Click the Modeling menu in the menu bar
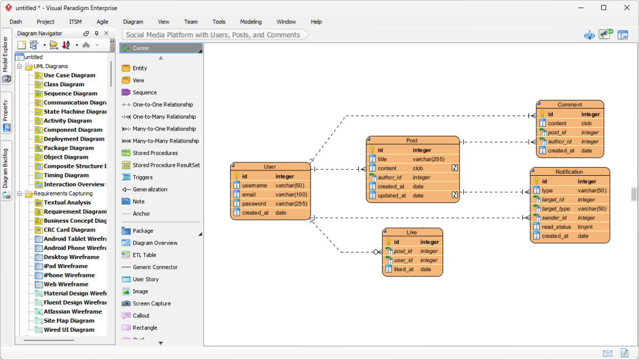tap(250, 22)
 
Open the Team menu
tap(191, 22)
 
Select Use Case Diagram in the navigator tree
tap(69, 75)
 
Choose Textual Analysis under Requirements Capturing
tap(67, 202)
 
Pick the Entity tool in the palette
tap(140, 68)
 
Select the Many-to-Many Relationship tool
tap(165, 141)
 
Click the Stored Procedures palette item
tap(155, 153)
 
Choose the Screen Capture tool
tap(151, 304)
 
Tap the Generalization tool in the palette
tap(150, 190)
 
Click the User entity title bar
tap(270, 167)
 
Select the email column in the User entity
tap(249, 194)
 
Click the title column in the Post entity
tap(382, 159)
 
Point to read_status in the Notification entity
tap(556, 227)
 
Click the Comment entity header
tap(570, 104)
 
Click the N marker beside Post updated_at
tap(455, 195)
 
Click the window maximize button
tap(603, 8)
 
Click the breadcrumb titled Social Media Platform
tap(213, 35)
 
